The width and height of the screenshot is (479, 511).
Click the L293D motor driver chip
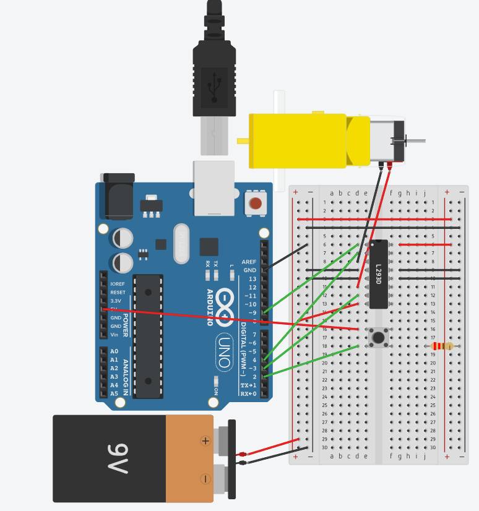379,273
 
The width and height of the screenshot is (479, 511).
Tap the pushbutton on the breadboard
378,337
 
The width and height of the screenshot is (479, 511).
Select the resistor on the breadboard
442,346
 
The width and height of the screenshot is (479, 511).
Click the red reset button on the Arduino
255,203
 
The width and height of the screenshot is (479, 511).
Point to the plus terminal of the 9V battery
205,441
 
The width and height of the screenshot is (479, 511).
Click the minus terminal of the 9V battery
205,479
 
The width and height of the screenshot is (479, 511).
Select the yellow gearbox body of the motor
297,140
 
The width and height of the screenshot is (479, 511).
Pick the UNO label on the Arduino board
225,349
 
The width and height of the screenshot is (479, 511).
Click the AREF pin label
249,262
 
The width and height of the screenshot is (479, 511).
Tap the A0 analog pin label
114,351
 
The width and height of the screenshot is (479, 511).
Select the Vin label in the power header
114,335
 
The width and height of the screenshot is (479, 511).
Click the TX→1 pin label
248,385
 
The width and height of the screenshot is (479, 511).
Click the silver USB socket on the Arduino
214,187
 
